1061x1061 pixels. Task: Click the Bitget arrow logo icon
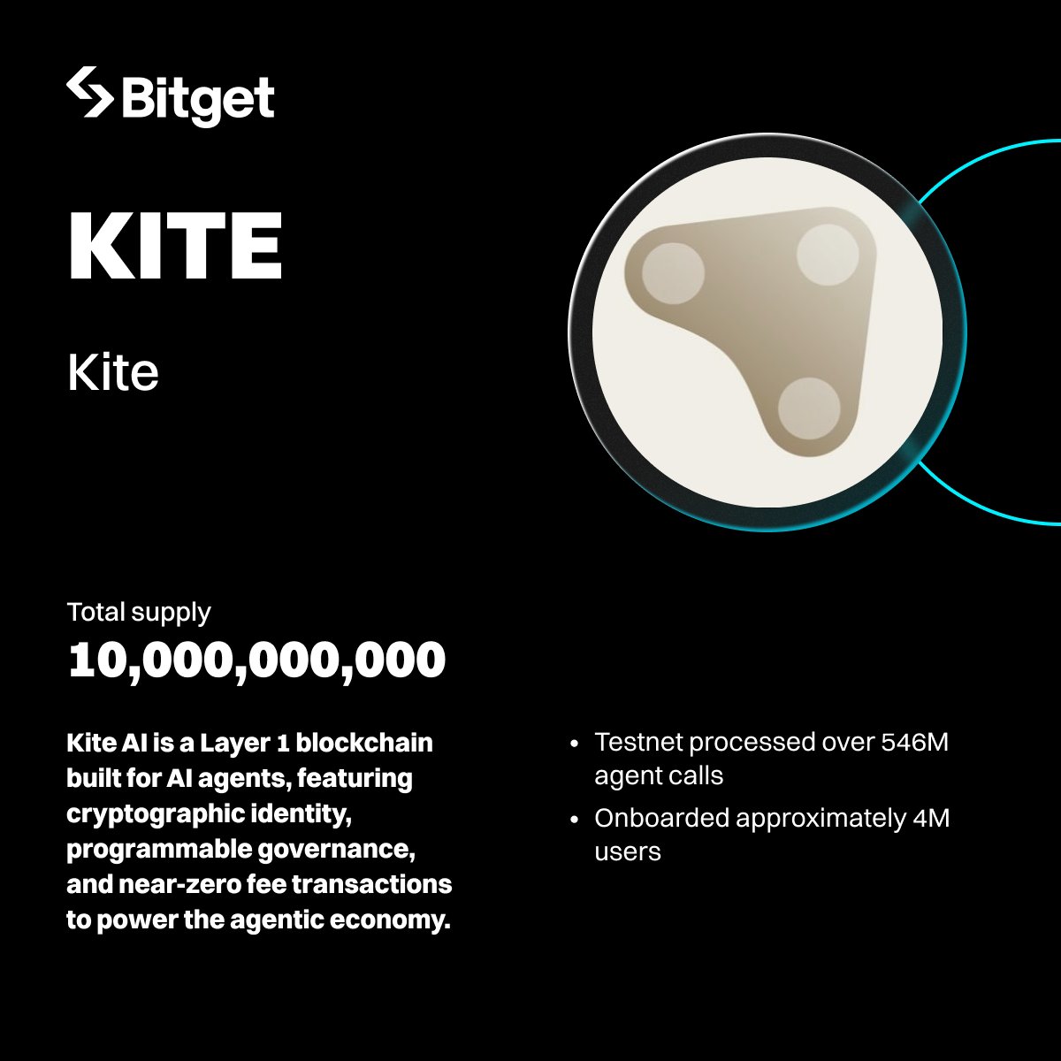[90, 92]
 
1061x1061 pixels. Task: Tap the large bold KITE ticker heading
[175, 246]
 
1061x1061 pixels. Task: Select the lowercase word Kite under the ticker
[113, 373]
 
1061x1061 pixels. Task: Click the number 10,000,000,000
[256, 660]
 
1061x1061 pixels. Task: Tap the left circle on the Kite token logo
[673, 273]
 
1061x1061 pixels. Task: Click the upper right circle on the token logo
[828, 255]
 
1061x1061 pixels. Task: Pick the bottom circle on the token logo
[809, 408]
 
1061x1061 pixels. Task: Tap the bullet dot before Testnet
[575, 744]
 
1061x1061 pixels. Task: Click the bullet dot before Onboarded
[575, 820]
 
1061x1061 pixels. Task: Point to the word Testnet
[638, 742]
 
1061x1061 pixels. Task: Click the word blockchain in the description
[364, 743]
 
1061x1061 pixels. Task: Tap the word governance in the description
[336, 850]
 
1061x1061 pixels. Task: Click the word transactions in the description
[371, 885]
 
